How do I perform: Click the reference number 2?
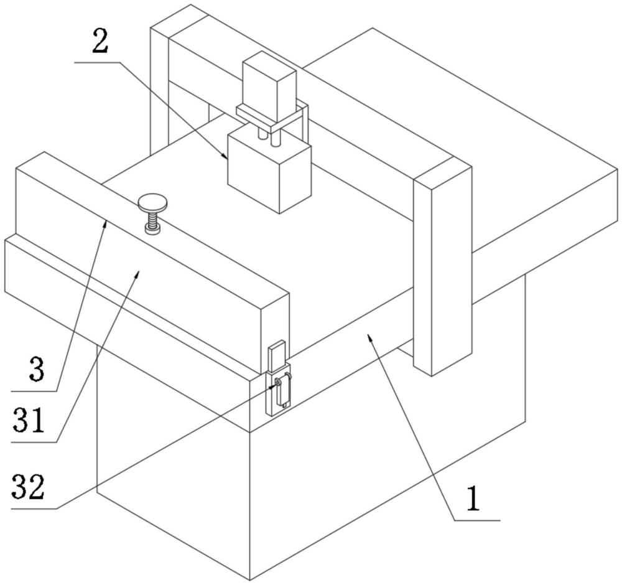(x=100, y=44)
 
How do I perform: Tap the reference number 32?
(x=28, y=487)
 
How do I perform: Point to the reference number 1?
(x=473, y=499)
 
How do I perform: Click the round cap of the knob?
(x=153, y=202)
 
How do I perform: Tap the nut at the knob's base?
(x=153, y=229)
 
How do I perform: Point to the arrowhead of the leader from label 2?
(x=225, y=156)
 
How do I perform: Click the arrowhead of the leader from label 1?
(x=369, y=337)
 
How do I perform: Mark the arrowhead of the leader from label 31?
(x=137, y=273)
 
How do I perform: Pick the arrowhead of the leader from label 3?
(x=105, y=225)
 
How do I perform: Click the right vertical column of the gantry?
(x=442, y=270)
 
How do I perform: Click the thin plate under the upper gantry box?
(x=272, y=117)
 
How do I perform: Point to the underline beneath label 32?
(x=34, y=508)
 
